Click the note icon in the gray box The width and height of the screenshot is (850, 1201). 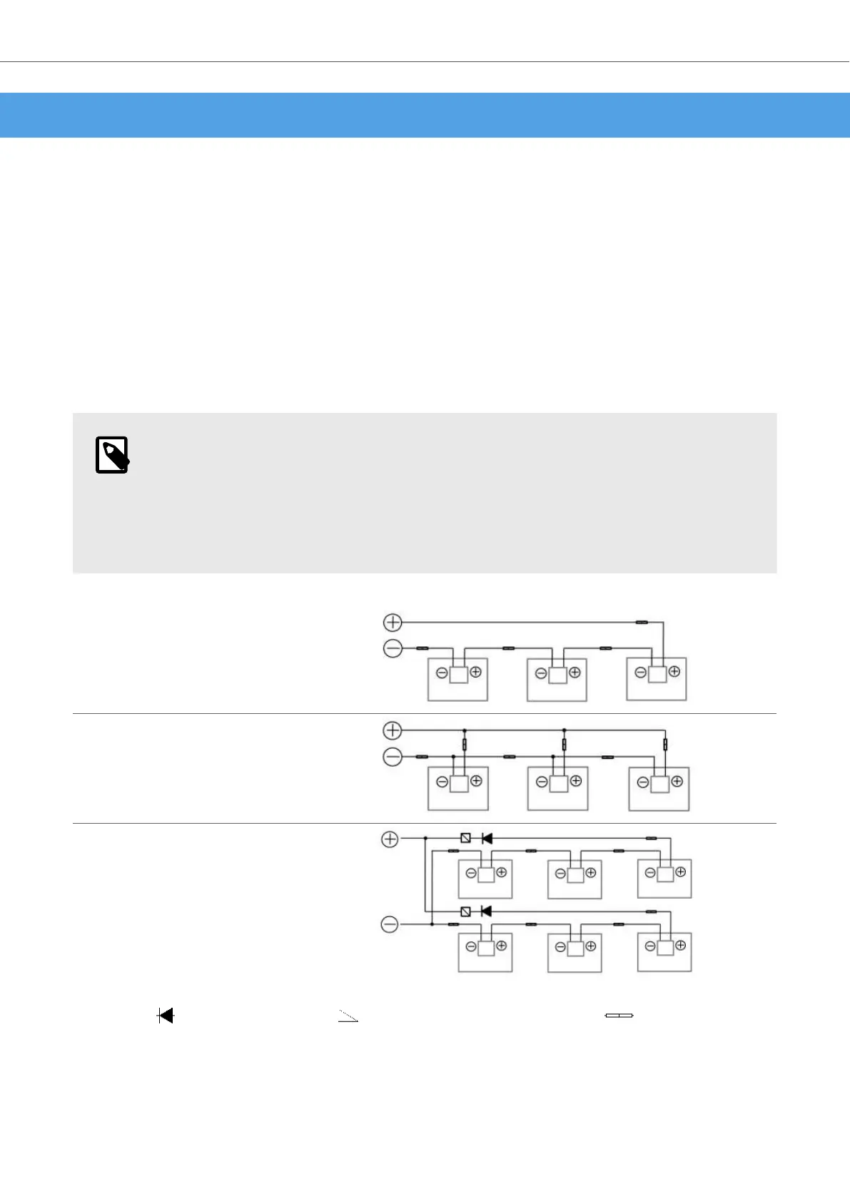click(x=112, y=455)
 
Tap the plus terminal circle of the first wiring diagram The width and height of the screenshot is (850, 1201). click(x=393, y=623)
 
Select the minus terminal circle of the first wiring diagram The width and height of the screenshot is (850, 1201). click(x=393, y=648)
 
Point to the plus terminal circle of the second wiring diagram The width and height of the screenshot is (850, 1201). click(x=393, y=730)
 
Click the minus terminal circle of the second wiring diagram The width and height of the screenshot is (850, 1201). click(x=393, y=757)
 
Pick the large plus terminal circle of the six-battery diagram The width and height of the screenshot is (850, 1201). click(x=390, y=839)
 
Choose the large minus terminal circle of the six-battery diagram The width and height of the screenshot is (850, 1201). click(x=390, y=925)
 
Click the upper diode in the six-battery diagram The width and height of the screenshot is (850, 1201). click(x=487, y=839)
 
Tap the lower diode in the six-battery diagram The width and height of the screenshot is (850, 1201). click(x=487, y=911)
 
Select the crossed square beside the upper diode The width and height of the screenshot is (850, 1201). click(x=466, y=839)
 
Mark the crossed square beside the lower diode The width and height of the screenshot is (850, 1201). click(x=466, y=911)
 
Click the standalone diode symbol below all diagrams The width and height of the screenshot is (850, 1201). click(x=166, y=1016)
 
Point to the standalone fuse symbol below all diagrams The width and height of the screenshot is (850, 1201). click(x=619, y=1016)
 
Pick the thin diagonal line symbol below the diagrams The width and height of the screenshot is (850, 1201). click(x=348, y=1016)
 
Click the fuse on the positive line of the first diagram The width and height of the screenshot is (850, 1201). click(x=642, y=623)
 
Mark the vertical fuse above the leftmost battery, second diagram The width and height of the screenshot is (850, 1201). click(x=465, y=745)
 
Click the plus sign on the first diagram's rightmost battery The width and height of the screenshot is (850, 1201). click(x=674, y=672)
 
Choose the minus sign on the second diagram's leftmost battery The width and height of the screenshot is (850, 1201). click(x=442, y=782)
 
